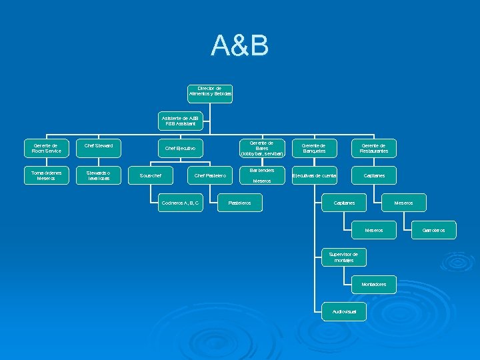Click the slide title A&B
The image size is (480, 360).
point(240,45)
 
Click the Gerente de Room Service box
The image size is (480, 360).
point(46,148)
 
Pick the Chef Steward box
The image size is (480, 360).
point(99,145)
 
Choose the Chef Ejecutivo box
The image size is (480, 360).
point(180,148)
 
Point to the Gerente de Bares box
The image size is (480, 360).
point(262,148)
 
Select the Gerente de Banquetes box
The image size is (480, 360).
point(314,148)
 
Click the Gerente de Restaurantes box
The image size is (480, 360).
point(374,148)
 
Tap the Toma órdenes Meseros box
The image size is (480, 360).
point(46,175)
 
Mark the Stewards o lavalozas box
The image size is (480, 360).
point(99,175)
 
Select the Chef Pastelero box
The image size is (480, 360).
point(209,175)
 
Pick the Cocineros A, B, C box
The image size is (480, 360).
point(180,203)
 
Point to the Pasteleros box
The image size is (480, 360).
point(240,203)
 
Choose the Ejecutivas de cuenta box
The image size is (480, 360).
point(314,175)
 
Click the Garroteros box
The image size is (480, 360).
point(434,230)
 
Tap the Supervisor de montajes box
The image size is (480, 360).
point(344,257)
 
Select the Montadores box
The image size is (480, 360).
point(374,284)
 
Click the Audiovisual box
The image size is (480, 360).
point(344,311)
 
